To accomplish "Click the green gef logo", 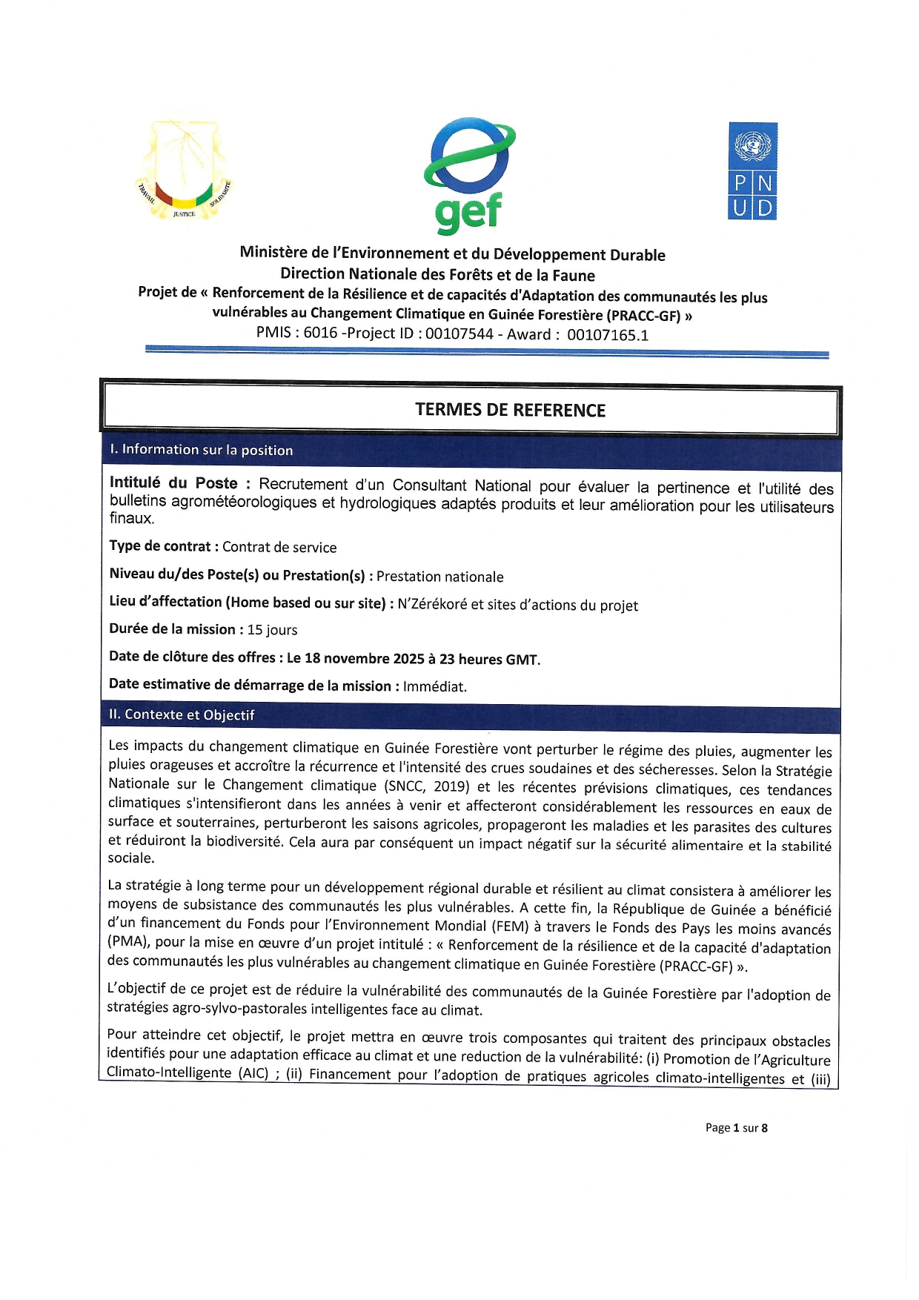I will (468, 175).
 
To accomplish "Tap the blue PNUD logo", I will (753, 171).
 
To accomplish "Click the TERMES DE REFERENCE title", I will (510, 410).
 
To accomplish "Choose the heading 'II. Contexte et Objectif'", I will (182, 714).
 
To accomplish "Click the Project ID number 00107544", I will (459, 334).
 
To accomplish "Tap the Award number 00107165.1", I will (608, 335).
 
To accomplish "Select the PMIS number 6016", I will (320, 333).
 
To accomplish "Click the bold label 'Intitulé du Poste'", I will (173, 483).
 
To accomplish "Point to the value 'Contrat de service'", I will (279, 548).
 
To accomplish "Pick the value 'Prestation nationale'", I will (439, 577).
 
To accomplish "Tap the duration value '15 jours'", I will (272, 630).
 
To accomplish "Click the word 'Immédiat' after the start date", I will (434, 686).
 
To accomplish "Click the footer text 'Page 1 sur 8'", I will (736, 1127).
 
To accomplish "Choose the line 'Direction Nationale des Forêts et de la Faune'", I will (437, 275).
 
